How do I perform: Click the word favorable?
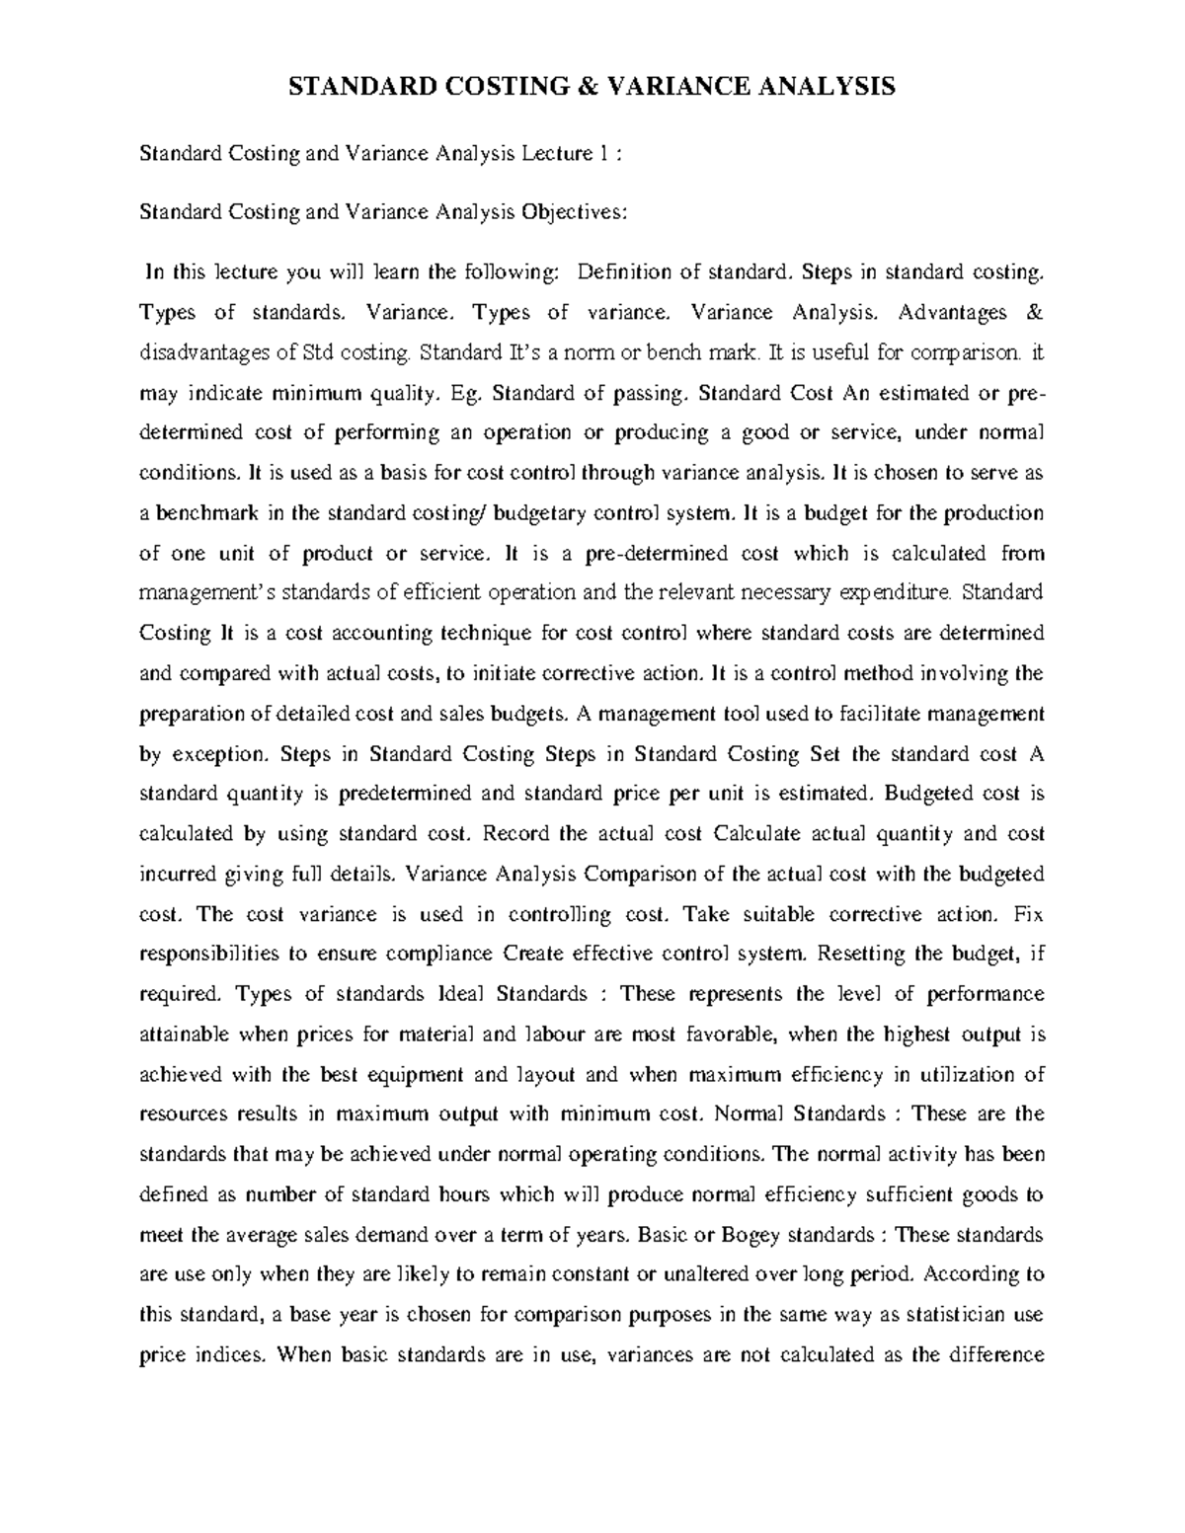(x=719, y=1035)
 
